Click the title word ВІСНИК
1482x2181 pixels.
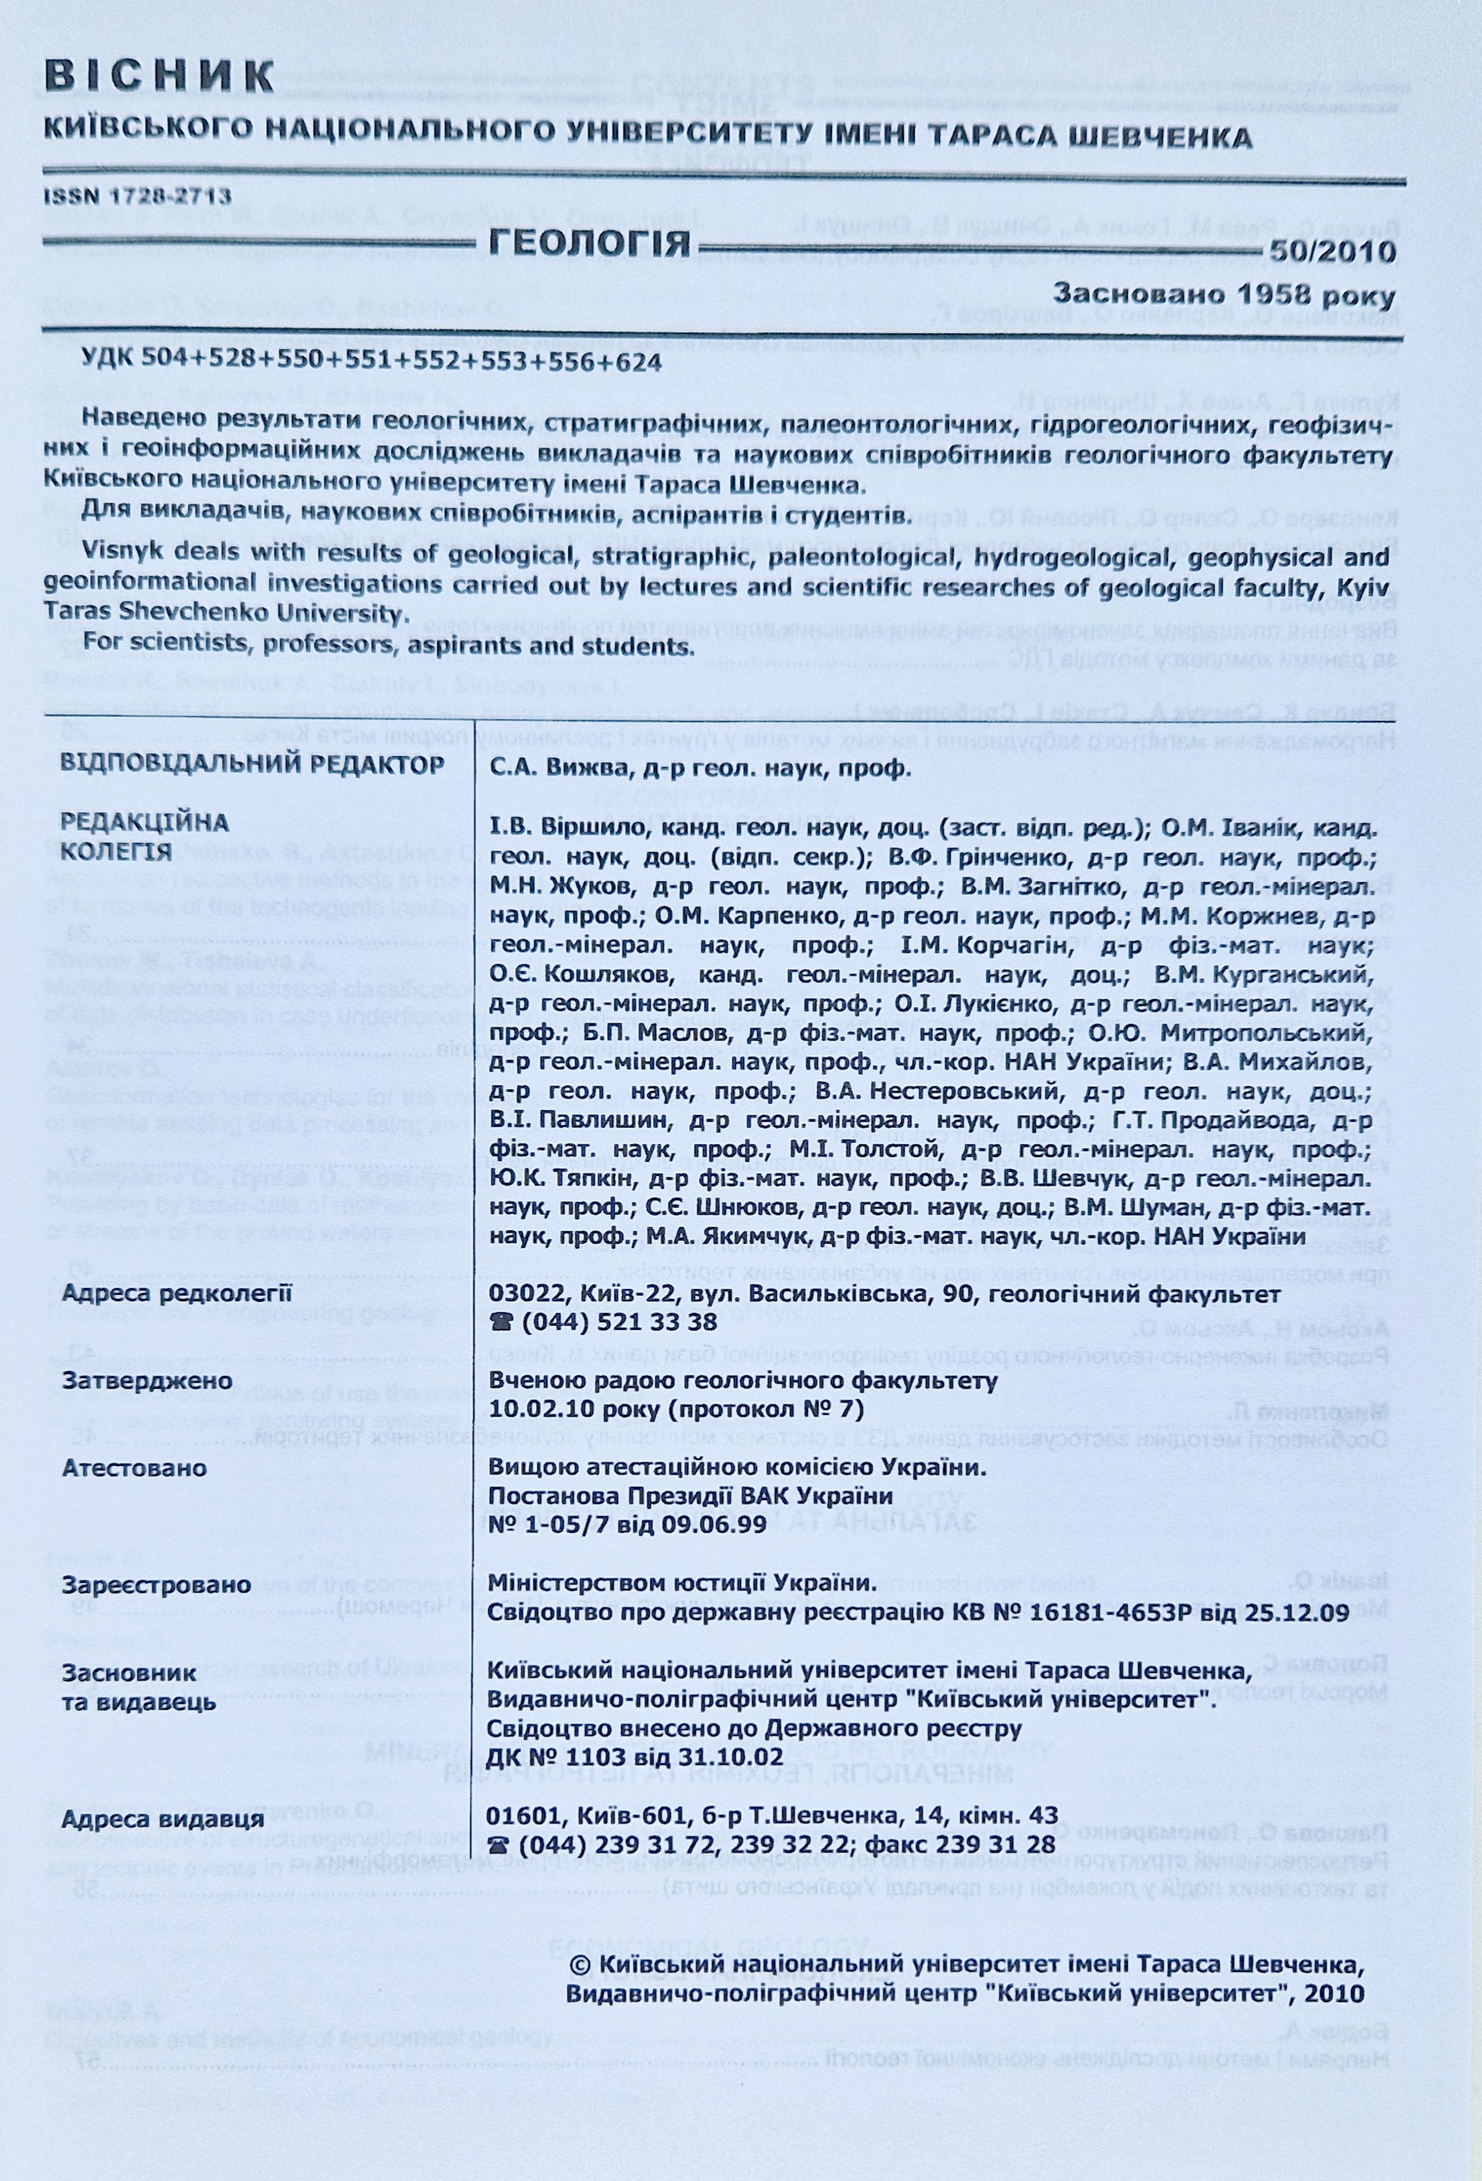[160, 76]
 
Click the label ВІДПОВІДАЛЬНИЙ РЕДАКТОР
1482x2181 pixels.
[251, 763]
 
